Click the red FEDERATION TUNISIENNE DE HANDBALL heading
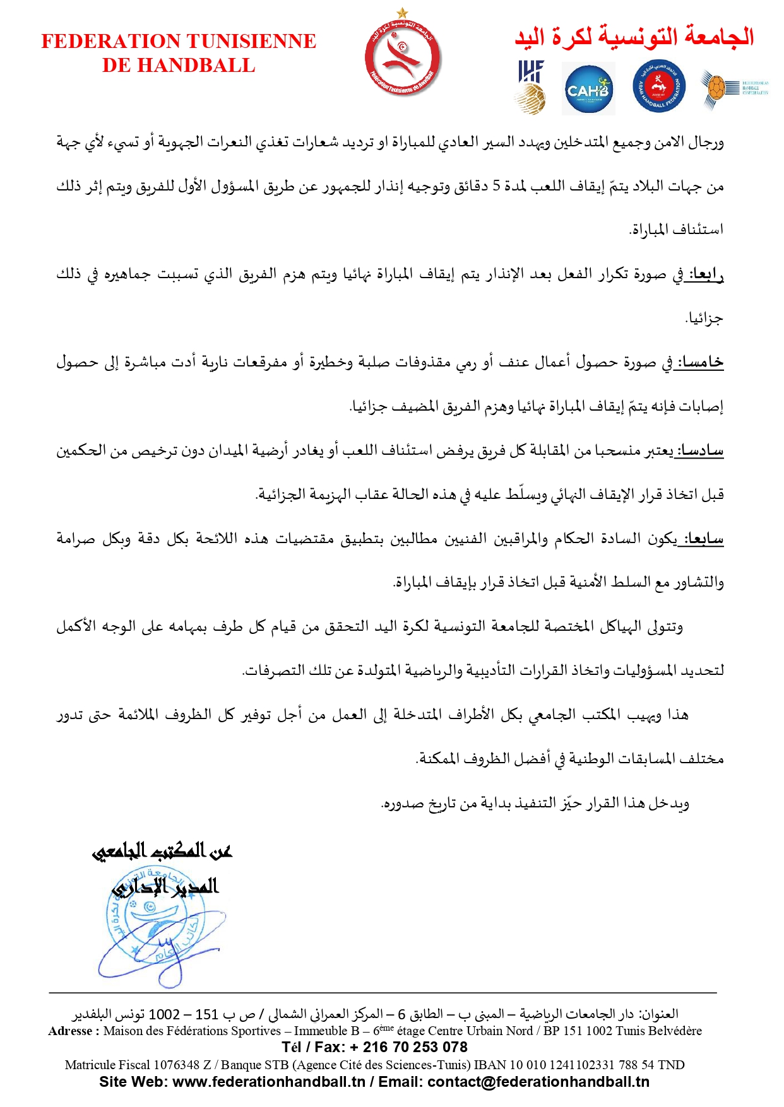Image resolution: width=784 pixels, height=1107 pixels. tap(179, 53)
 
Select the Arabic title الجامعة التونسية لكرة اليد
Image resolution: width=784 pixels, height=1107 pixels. tap(634, 37)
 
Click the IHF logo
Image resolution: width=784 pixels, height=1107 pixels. tap(531, 87)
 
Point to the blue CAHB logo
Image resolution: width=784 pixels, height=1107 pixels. tap(588, 90)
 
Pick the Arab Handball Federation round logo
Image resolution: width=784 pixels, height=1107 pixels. tap(659, 88)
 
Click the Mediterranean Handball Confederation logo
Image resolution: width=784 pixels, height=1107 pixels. tap(734, 88)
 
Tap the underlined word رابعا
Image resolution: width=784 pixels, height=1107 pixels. tap(706, 274)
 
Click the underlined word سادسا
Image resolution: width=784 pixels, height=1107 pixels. tap(699, 451)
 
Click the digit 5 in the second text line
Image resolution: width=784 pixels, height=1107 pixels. tap(497, 186)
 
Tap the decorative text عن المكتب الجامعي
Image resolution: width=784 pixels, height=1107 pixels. tap(163, 852)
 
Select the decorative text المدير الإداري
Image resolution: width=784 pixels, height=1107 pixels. tap(165, 887)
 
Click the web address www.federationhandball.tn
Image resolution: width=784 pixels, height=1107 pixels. tap(269, 1082)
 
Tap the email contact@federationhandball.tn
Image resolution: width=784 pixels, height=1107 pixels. tap(538, 1082)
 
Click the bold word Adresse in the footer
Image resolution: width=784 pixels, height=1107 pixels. tap(71, 1031)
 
